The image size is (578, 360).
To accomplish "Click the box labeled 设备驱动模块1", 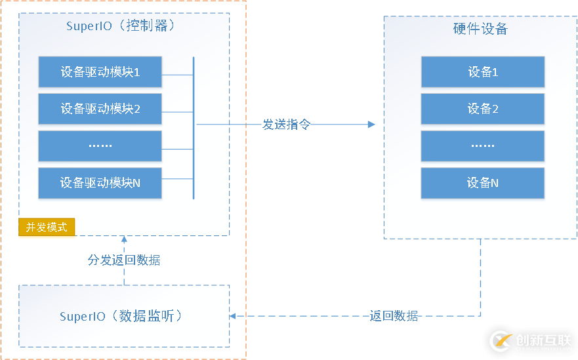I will [100, 72].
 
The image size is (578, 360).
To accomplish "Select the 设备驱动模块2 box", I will [100, 109].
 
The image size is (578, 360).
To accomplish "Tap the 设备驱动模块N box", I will [100, 183].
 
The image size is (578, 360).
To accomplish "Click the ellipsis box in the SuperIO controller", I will [100, 146].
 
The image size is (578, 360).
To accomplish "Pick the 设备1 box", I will [482, 72].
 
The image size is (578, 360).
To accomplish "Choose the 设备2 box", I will [482, 109].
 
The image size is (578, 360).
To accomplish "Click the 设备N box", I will [482, 183].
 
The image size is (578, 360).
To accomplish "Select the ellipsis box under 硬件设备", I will [482, 146].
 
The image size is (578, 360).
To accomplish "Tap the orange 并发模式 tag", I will [47, 228].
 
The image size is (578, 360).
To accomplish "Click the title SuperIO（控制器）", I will [123, 27].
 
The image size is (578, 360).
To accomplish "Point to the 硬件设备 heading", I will [480, 30].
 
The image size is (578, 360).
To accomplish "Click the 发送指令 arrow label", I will [286, 125].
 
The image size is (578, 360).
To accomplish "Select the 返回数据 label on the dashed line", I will [394, 316].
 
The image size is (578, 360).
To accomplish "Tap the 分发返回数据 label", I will [124, 260].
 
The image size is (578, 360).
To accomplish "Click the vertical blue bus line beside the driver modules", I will [194, 128].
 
